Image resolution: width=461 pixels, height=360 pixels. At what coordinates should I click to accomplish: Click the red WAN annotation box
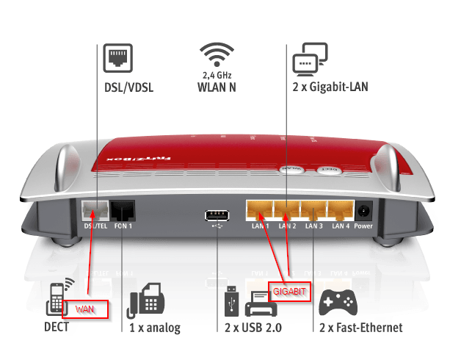(x=85, y=308)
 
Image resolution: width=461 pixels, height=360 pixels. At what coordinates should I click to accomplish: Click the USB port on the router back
(x=216, y=215)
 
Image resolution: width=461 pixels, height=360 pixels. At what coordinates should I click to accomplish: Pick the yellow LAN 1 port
(x=258, y=212)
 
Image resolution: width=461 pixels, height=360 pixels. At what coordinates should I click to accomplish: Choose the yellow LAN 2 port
(x=286, y=212)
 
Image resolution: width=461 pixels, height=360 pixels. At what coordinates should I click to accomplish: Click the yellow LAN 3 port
(x=313, y=212)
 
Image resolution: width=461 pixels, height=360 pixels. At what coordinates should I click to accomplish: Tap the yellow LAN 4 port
(x=341, y=212)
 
